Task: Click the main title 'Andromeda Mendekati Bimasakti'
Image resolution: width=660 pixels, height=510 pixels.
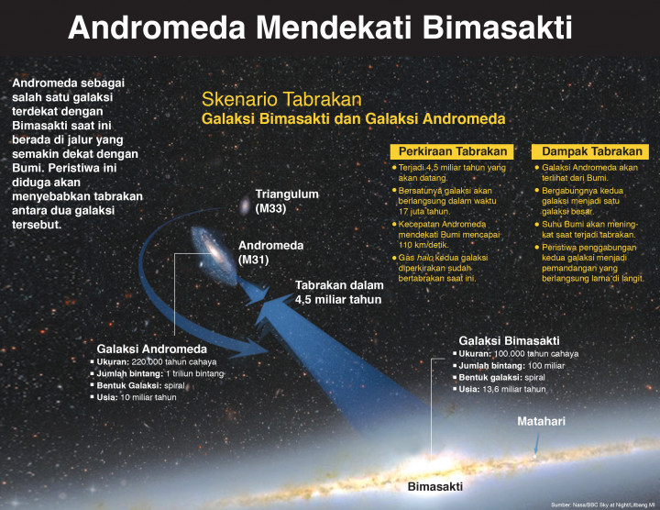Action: (x=320, y=28)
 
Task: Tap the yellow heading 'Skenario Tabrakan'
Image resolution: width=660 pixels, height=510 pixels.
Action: (x=281, y=99)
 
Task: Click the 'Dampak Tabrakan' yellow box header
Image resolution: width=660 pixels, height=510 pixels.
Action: (x=589, y=151)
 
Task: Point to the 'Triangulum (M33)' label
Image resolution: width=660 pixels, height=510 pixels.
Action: (x=287, y=201)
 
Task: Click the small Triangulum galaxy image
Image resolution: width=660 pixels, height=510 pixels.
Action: (x=245, y=205)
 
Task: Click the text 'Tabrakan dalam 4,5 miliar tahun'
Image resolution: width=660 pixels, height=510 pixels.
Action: (x=338, y=292)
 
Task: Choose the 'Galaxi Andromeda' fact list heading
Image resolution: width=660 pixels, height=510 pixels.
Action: (x=152, y=349)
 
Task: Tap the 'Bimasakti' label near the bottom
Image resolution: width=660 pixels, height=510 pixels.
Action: (x=435, y=485)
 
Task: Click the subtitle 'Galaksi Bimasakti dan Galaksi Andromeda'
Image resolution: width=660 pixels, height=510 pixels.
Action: (x=353, y=119)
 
